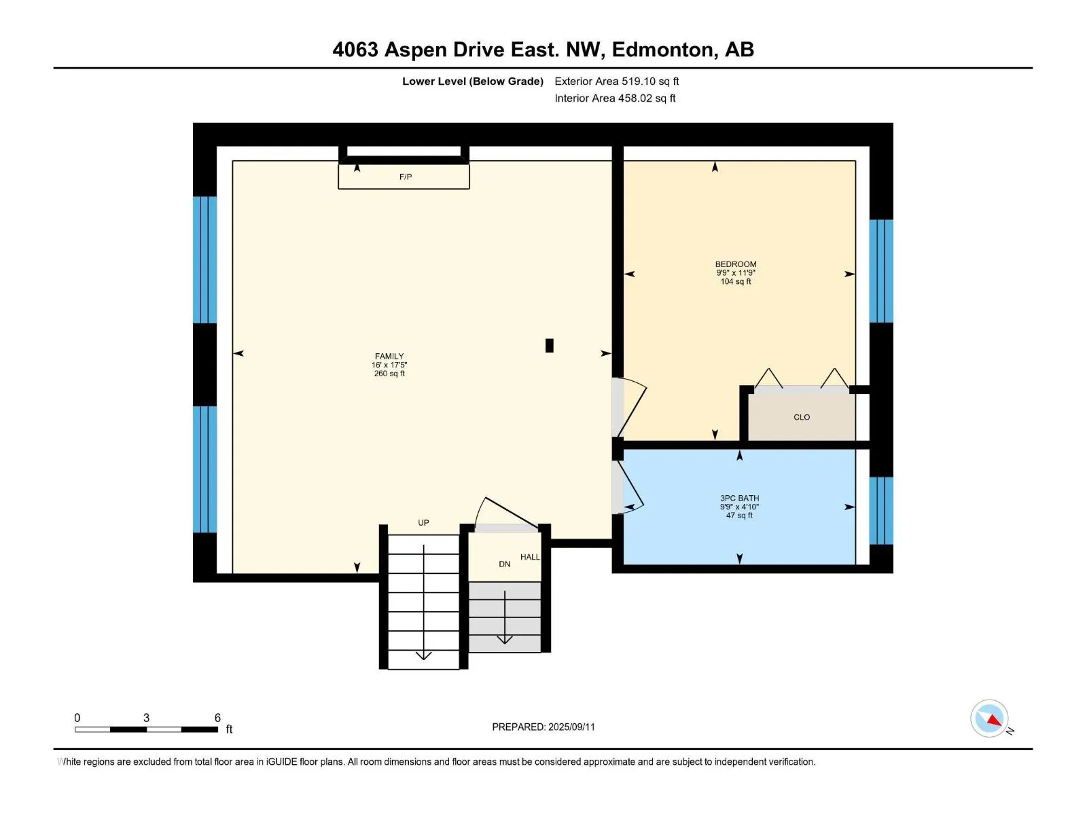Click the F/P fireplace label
coord(405,177)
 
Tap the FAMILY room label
coord(389,357)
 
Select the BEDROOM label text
coord(735,264)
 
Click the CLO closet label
coord(801,417)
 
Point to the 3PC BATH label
coord(739,499)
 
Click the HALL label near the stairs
coord(530,557)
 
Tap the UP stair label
coord(423,522)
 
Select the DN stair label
coord(504,564)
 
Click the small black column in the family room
coord(549,346)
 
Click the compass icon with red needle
coord(989,718)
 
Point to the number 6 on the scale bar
coord(217,717)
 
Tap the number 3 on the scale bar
coord(146,717)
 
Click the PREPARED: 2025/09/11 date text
coord(543,727)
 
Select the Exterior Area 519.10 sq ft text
coord(617,81)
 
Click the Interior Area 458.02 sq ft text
coord(615,98)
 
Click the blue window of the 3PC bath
coord(881,510)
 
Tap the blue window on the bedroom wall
coord(881,271)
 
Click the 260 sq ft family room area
coord(389,374)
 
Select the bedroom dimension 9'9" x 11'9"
coord(735,272)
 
